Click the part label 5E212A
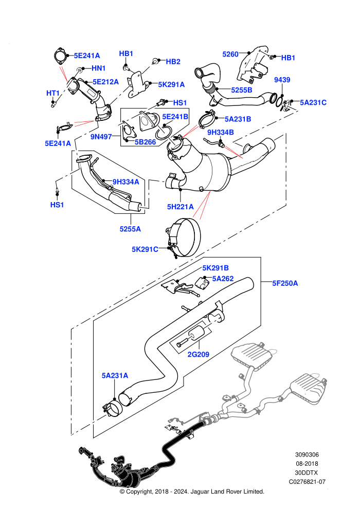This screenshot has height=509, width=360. tap(106, 82)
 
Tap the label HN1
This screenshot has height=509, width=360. tap(98, 68)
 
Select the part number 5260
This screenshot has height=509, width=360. tap(230, 54)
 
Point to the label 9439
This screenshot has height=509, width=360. tap(282, 80)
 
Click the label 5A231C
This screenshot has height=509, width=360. tap(313, 103)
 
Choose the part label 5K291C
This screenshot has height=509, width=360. tap(145, 249)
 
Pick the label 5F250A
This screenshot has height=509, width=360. tap(285, 283)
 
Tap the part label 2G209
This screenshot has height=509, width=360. tap(199, 354)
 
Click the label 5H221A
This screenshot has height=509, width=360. tap(180, 207)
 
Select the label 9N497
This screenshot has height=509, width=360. tap(101, 137)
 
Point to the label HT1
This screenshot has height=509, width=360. tap(53, 94)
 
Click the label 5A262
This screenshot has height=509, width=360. tap(223, 279)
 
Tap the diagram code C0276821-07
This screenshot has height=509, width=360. tap(307, 482)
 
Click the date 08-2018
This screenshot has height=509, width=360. tap(307, 464)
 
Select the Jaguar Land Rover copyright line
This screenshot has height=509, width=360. tap(192, 492)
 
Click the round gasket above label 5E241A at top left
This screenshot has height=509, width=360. tap(59, 56)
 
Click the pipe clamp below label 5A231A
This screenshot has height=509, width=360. tap(112, 408)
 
